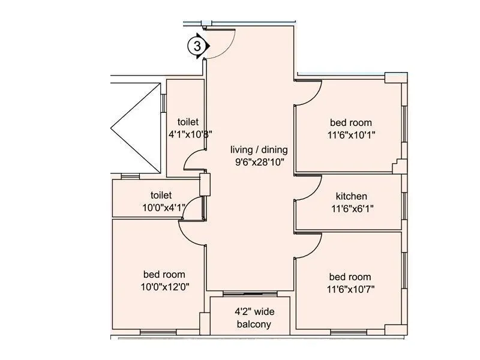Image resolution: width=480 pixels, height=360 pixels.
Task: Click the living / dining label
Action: tap(259, 150)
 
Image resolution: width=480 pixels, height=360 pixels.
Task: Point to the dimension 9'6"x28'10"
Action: tap(259, 161)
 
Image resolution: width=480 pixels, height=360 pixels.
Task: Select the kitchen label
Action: tap(351, 196)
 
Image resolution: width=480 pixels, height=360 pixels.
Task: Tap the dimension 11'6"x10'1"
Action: tap(350, 135)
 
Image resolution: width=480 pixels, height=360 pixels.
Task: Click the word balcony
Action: tap(253, 325)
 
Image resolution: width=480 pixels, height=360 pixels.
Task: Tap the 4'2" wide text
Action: tap(252, 312)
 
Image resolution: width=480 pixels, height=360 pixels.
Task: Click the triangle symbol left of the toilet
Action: tap(123, 127)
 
